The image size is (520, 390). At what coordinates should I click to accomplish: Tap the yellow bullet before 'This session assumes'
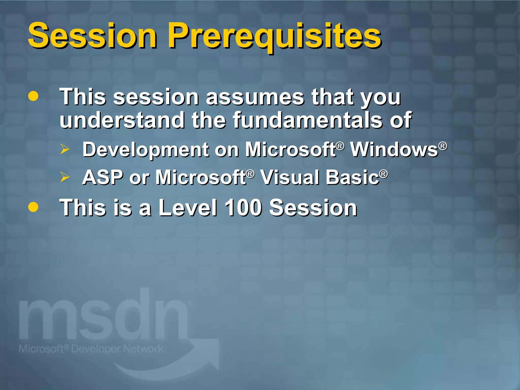click(33, 96)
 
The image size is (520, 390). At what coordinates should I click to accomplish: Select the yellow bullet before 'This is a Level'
click(33, 207)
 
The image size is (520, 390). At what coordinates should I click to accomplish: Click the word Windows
click(394, 149)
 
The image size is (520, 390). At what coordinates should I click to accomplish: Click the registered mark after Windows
click(443, 146)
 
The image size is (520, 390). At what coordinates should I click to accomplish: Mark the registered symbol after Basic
click(384, 174)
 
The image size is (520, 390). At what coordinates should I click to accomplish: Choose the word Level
click(188, 207)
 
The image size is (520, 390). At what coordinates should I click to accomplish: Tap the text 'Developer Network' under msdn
click(117, 349)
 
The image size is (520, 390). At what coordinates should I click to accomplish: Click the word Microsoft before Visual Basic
click(201, 177)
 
